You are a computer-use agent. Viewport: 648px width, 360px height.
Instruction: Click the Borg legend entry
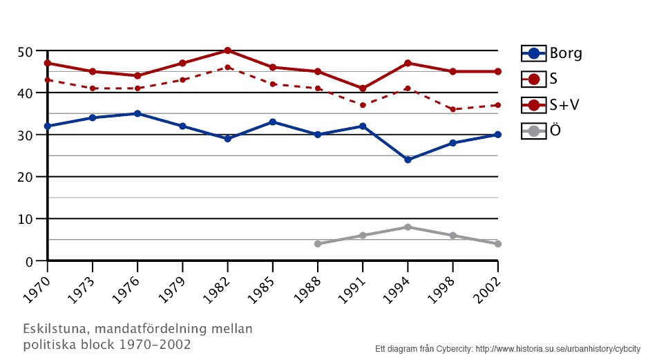552,53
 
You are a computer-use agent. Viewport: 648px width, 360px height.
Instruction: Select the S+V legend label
564,105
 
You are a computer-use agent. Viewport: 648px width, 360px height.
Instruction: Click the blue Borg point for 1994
408,160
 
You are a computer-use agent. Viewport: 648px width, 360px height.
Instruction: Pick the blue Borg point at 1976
137,113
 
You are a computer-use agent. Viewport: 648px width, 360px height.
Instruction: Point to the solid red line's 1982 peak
227,50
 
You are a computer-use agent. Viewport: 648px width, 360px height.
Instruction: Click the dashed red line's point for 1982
227,67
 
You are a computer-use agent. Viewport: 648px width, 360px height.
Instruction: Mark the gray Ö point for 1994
408,227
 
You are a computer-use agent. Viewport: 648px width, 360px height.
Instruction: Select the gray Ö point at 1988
318,244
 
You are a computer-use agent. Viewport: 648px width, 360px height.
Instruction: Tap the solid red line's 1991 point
363,88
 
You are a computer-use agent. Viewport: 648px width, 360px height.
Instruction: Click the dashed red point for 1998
452,109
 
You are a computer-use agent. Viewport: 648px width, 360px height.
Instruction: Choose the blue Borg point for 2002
497,135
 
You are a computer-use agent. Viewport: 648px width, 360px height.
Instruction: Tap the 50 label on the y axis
26,52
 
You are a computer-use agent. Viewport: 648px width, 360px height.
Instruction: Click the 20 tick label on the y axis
26,178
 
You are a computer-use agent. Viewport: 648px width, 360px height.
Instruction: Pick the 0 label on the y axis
29,262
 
